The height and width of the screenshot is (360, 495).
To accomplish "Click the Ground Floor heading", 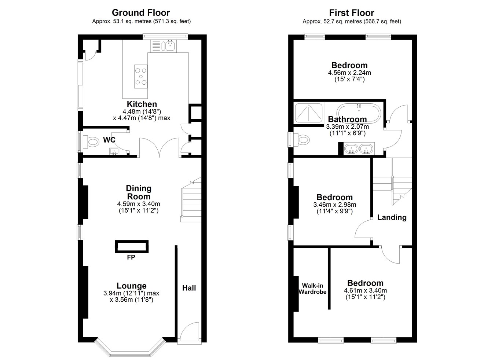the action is point(141,13).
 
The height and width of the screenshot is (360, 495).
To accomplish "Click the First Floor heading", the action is point(352,13).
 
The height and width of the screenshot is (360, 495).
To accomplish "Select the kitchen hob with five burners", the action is point(141,77).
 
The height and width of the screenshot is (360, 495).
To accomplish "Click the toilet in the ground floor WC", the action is point(91,141).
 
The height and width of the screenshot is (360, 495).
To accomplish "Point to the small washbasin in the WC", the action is point(114,151).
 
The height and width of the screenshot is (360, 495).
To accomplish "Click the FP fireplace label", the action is point(131,257).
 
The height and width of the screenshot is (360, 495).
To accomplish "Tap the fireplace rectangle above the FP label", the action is point(132,246).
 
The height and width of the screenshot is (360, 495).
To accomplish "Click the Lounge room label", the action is point(132,286).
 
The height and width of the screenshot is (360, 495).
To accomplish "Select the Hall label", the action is point(189,288).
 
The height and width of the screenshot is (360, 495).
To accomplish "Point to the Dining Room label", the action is point(139,192).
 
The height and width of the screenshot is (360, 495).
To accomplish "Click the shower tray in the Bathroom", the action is point(308,113).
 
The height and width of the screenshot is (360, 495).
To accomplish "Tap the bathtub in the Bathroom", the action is point(359,113).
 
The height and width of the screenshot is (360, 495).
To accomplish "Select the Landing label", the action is point(392,217).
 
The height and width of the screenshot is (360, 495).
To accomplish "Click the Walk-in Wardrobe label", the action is point(312,289).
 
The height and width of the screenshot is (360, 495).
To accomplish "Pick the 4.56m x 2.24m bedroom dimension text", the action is point(349,73).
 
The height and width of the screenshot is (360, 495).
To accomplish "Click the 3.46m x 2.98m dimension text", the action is point(334,205).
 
